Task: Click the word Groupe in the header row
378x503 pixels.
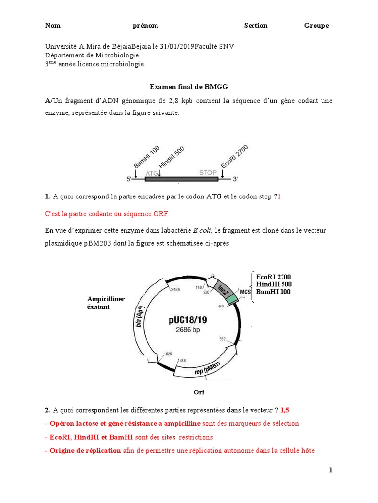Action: [x=316, y=26]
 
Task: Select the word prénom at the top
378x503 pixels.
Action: [x=145, y=26]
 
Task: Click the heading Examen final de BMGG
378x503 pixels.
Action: [x=189, y=87]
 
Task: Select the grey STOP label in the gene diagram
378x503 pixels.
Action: [x=207, y=173]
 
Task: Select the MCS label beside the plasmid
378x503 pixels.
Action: [x=245, y=292]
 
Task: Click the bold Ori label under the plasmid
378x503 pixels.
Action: [x=198, y=392]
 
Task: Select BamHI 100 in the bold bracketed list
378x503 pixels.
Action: [x=273, y=292]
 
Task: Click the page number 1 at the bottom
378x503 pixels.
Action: [x=331, y=470]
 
